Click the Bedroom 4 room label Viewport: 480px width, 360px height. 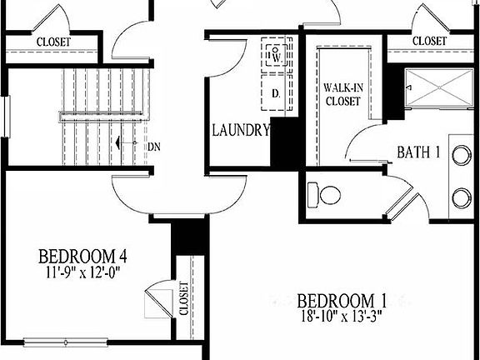[x=82, y=255]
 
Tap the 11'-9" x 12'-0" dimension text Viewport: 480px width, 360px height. [x=82, y=270]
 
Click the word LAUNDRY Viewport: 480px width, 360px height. [x=240, y=130]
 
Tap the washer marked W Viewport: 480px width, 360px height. [x=277, y=57]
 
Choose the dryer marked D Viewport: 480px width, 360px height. [x=276, y=93]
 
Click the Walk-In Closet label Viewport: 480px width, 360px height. [x=342, y=94]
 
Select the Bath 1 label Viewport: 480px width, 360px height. [x=417, y=152]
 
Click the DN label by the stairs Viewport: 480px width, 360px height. [x=153, y=147]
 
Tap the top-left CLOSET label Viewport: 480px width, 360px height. [x=52, y=41]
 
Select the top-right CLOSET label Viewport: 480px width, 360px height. [x=429, y=40]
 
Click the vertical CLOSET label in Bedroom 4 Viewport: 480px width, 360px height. [x=184, y=298]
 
